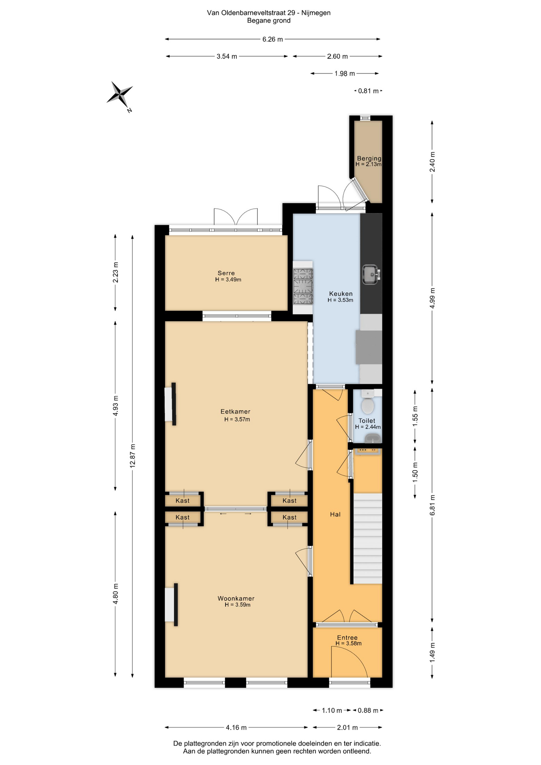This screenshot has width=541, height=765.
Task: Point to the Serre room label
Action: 226,273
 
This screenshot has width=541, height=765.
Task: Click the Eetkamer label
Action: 235,412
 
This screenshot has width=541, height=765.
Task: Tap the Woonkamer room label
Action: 236,598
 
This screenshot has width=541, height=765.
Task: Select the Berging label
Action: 369,158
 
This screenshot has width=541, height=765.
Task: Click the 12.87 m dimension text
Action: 133,455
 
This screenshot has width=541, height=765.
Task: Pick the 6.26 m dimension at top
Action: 272,39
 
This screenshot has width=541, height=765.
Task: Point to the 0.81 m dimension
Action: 369,91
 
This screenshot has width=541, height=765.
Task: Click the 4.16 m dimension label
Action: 236,728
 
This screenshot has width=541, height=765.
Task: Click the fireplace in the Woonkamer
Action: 171,604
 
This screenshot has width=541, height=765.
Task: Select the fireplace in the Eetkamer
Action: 171,404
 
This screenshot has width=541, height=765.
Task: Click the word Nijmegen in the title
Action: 316,13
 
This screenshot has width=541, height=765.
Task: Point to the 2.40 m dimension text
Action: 432,162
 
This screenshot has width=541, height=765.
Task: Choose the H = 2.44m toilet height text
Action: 368,427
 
